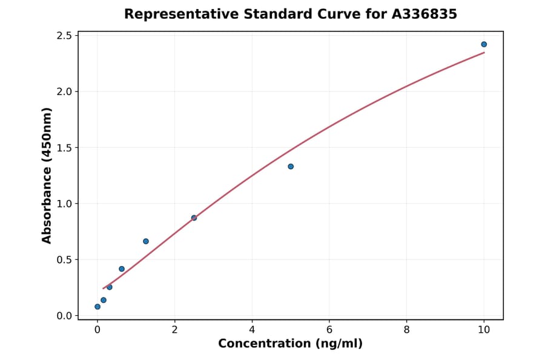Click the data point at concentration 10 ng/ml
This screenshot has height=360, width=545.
[x=484, y=44]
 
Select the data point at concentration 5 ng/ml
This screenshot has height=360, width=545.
[x=291, y=167]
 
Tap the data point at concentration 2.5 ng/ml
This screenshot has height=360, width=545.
[x=194, y=218]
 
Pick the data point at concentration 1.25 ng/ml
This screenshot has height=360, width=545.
[x=146, y=241]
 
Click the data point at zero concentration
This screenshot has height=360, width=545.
[x=97, y=307]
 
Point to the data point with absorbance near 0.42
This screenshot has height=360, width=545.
[x=122, y=269]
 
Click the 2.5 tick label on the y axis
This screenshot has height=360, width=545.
[x=64, y=36]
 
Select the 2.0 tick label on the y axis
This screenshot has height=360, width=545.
[x=64, y=92]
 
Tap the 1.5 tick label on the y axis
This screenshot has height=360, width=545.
[x=64, y=148]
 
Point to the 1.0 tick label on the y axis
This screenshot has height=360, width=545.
[x=64, y=204]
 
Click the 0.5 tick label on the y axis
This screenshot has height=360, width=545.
[x=64, y=260]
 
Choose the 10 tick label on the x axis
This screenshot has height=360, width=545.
[x=484, y=329]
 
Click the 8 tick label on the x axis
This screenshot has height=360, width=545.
[x=406, y=329]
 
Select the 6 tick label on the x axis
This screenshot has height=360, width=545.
[x=329, y=329]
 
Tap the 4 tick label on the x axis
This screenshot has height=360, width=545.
[x=252, y=329]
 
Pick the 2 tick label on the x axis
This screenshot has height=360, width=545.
[x=174, y=329]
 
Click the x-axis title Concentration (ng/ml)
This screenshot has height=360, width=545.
[x=291, y=344]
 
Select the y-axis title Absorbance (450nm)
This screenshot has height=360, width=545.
[x=47, y=176]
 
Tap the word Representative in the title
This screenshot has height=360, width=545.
[x=173, y=14]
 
